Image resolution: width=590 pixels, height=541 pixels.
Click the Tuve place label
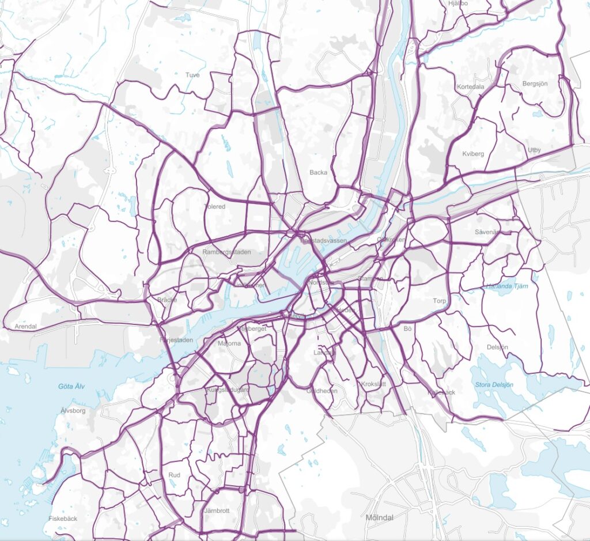coord(192,75)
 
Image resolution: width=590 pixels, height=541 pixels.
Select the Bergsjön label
coord(535,84)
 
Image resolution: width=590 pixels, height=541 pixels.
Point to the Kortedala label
coord(470,87)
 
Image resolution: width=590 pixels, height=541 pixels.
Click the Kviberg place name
coord(473,154)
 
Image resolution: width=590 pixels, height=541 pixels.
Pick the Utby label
coord(534,150)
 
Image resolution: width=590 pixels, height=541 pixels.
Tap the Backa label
coord(318,172)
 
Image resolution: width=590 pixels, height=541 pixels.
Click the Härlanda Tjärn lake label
coord(503,285)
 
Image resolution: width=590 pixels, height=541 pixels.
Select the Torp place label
coord(440,301)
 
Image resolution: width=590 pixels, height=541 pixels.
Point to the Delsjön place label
coord(497,347)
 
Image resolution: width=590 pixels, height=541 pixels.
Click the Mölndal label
coord(380,517)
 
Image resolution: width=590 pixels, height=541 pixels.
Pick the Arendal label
coord(26,326)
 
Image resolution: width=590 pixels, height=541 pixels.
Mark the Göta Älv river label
coord(71,386)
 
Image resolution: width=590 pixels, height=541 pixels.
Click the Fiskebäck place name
coord(63,519)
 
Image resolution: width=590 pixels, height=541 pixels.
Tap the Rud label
coord(175,475)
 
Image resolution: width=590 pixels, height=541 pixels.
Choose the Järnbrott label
coord(217,510)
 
